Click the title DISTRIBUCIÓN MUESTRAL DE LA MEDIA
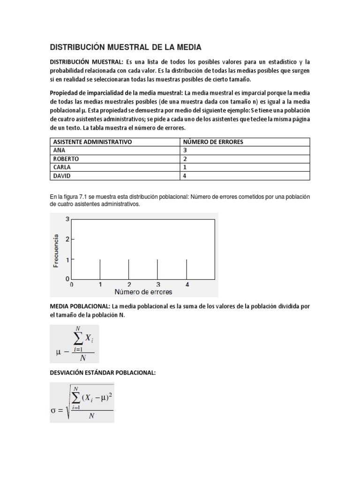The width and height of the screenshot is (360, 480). tap(126, 47)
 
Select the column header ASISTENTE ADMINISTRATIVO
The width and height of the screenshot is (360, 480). tap(92, 142)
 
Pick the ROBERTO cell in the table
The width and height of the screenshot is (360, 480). tap(66, 159)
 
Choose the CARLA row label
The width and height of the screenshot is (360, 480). tap(62, 167)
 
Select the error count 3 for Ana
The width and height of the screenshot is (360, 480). tap(185, 150)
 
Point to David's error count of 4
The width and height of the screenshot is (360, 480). tap(185, 176)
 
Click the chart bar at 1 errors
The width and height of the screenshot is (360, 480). tap(100, 269)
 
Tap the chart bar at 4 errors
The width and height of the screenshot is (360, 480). tap(187, 269)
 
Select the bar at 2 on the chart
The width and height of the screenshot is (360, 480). tap(129, 269)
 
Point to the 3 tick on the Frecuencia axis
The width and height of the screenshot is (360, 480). tap(67, 219)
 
